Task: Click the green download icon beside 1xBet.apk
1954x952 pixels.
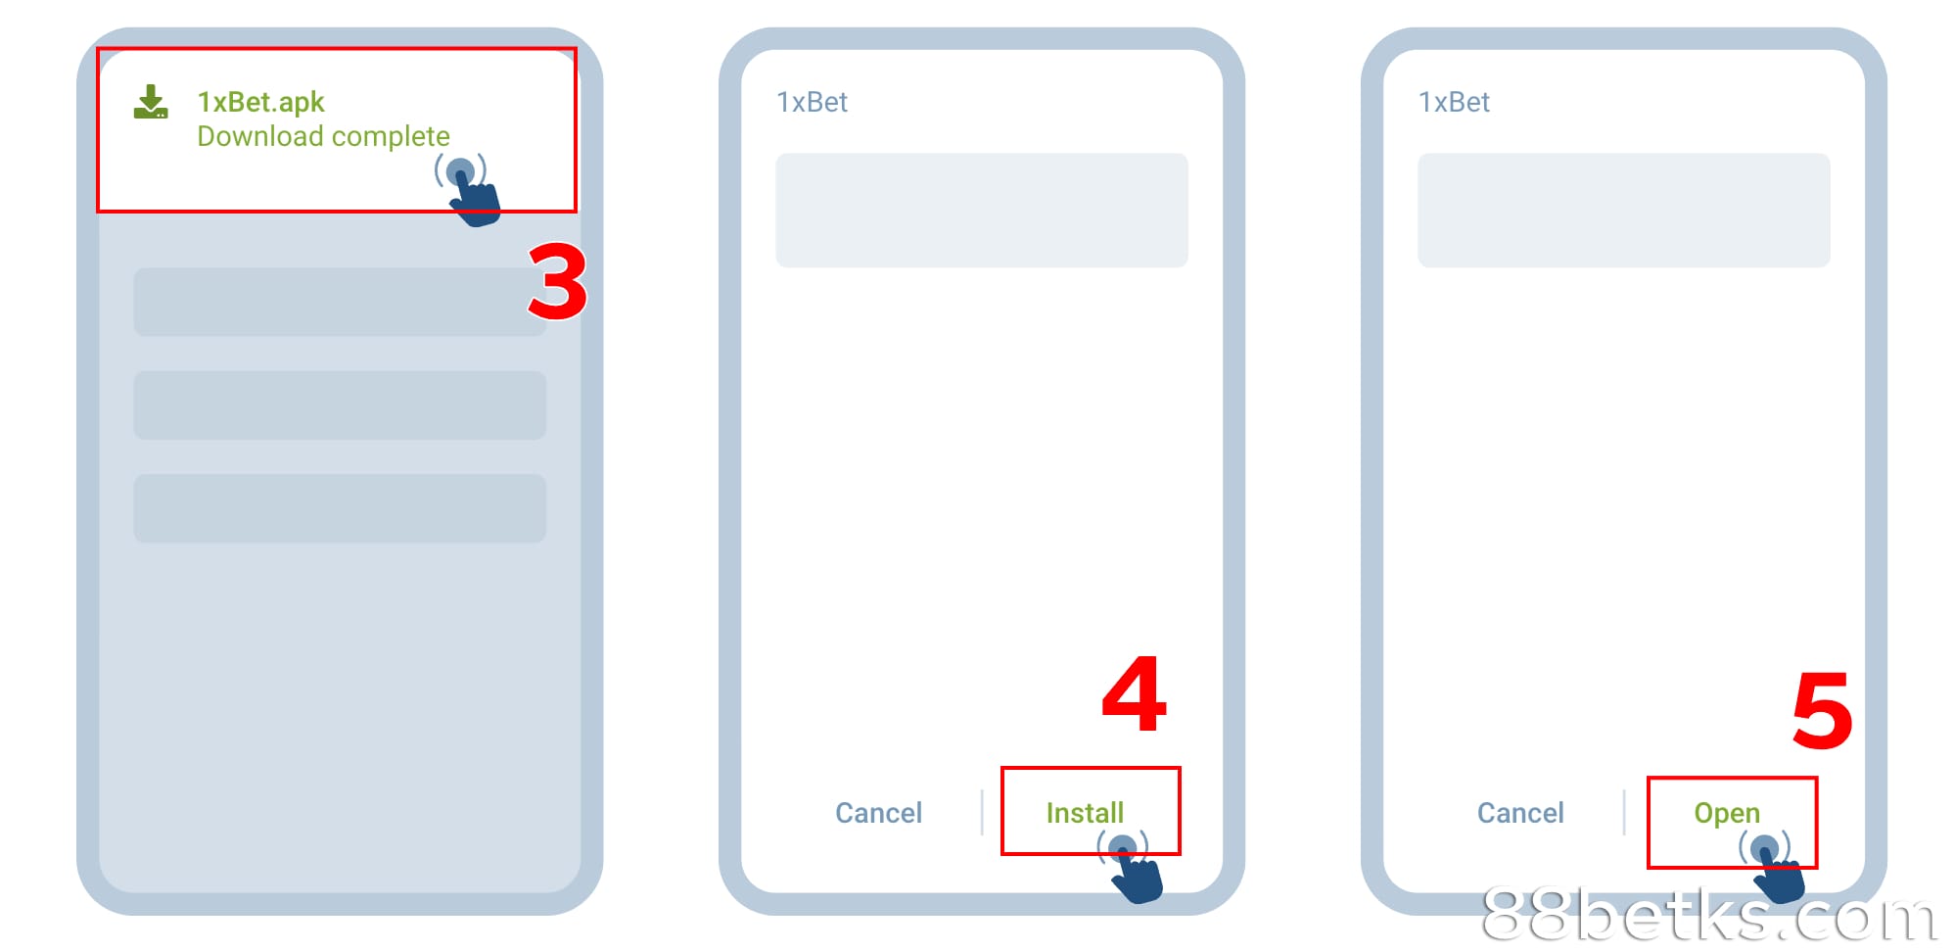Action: (x=151, y=102)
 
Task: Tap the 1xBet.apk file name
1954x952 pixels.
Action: (x=260, y=102)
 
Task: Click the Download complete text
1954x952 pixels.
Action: (x=323, y=136)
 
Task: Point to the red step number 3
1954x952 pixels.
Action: (x=558, y=282)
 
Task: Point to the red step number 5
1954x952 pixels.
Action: (x=1822, y=710)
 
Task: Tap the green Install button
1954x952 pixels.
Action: (x=1085, y=813)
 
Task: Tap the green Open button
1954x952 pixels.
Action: (x=1727, y=813)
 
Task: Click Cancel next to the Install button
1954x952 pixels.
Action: (x=878, y=813)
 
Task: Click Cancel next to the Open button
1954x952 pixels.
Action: (x=1520, y=813)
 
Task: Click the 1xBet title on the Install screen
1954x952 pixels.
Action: (x=812, y=102)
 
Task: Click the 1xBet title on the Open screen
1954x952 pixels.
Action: (x=1454, y=102)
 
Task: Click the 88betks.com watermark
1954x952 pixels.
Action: (x=1709, y=916)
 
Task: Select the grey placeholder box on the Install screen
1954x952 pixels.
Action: (x=982, y=210)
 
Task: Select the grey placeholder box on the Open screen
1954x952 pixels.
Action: (x=1624, y=210)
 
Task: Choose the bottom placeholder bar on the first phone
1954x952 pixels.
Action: (x=340, y=508)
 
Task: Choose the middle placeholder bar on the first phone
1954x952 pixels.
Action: (x=340, y=405)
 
